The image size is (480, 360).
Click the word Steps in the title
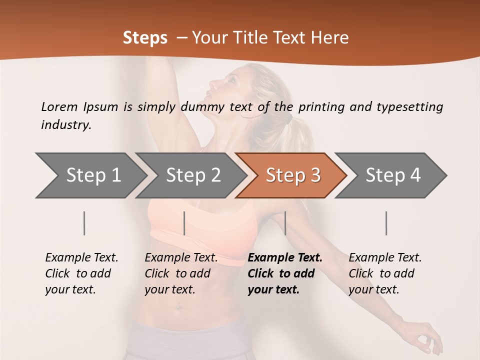coord(145,38)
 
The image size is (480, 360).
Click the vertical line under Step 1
coord(84,223)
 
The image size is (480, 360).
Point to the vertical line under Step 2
coord(184,223)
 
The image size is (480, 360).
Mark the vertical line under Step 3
coord(285,223)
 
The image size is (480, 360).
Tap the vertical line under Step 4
coord(386,223)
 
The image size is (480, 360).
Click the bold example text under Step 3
coord(285,273)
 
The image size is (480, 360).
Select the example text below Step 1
coord(81,273)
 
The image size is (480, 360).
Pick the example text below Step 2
coord(181,273)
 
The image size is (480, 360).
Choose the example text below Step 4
coord(385,273)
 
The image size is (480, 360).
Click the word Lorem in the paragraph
coord(59,106)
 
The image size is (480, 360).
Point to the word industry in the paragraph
coord(66,125)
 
